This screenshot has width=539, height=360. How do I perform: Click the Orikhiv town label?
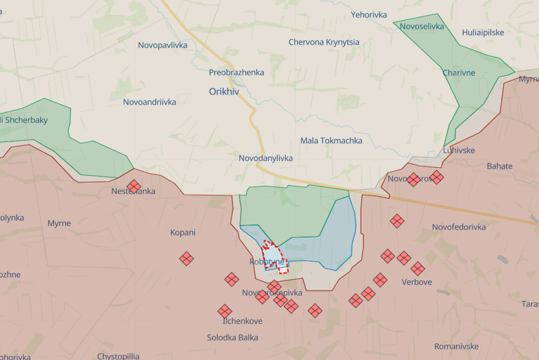point(224,92)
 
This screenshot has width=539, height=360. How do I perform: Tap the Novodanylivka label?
point(265,158)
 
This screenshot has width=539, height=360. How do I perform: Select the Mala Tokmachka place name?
point(331,141)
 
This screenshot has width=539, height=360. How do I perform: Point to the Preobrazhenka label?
point(236,72)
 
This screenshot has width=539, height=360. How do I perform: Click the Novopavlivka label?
point(162,45)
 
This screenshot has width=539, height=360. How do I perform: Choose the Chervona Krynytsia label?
point(323,42)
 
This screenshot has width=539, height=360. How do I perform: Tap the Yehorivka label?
point(369,15)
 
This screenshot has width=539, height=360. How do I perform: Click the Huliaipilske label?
point(483,33)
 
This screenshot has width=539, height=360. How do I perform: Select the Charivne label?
point(458,73)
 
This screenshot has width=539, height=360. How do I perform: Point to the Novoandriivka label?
point(149,102)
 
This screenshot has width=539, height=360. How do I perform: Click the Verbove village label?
point(417,282)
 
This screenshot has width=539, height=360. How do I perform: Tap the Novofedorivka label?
point(459,227)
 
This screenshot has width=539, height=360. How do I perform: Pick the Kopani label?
point(183,232)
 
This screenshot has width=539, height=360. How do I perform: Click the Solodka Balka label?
point(232,337)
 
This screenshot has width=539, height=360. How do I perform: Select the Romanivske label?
point(456,346)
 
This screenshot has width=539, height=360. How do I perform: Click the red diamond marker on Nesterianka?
point(134,187)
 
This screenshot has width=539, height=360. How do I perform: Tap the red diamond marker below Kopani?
point(187,259)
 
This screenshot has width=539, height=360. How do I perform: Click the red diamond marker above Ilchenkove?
point(225,311)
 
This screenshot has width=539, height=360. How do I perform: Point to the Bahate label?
point(499,166)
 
